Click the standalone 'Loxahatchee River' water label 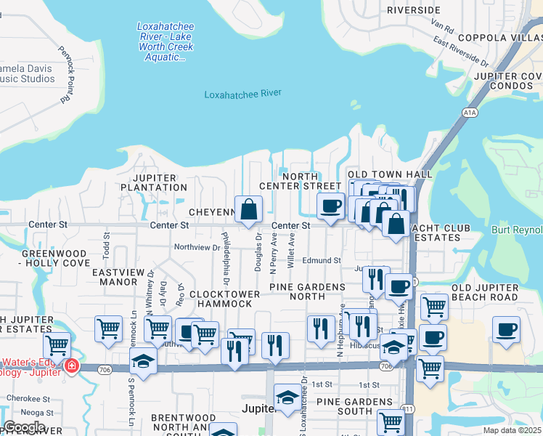(x=242, y=94)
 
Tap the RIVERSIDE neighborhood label (x=414, y=10)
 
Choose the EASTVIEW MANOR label (x=120, y=276)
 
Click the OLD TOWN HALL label (x=390, y=174)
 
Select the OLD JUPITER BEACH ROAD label (x=495, y=292)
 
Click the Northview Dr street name (x=197, y=248)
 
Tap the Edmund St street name (x=322, y=260)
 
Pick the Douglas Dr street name (x=258, y=252)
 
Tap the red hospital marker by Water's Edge (x=71, y=366)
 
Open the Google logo (x=24, y=427)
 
